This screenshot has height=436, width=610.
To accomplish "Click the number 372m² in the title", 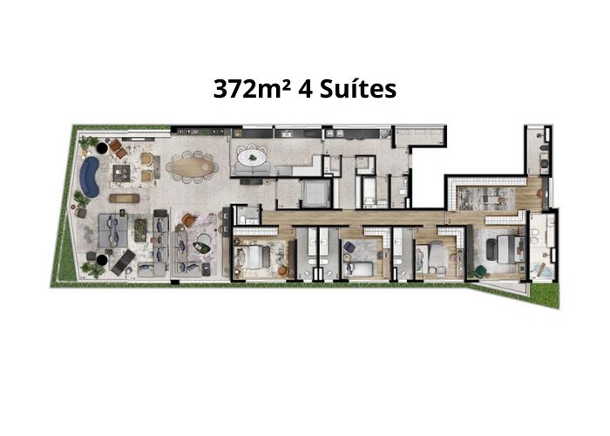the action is (252, 89).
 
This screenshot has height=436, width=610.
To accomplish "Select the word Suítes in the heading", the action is (358, 89).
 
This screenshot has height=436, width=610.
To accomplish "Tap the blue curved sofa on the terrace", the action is (89, 177).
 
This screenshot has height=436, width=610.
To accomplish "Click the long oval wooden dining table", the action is (193, 167).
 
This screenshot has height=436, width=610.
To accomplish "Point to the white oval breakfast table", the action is (252, 158).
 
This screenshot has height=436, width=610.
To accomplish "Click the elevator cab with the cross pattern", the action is (315, 193).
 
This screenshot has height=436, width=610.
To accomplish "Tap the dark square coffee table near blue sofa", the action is (122, 174).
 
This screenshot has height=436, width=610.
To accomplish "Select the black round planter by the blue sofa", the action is (102, 148).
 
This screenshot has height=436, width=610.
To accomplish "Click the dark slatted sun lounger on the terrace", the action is (123, 262).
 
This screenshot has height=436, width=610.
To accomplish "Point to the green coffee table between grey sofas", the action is (140, 228).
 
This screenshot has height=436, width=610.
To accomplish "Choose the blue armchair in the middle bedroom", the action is (349, 247).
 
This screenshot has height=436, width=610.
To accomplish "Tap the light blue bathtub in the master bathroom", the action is (540, 270).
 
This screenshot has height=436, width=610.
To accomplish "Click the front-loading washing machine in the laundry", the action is (544, 164).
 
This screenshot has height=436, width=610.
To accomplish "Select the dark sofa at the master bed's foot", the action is (491, 249).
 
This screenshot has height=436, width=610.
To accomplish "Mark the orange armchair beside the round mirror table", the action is (189, 221).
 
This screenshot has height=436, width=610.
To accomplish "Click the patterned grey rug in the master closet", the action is (486, 199).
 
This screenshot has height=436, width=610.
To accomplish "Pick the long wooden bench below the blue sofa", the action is (124, 199).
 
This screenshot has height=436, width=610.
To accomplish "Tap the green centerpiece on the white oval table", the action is (253, 158).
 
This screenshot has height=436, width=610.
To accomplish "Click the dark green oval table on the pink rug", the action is (201, 247).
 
